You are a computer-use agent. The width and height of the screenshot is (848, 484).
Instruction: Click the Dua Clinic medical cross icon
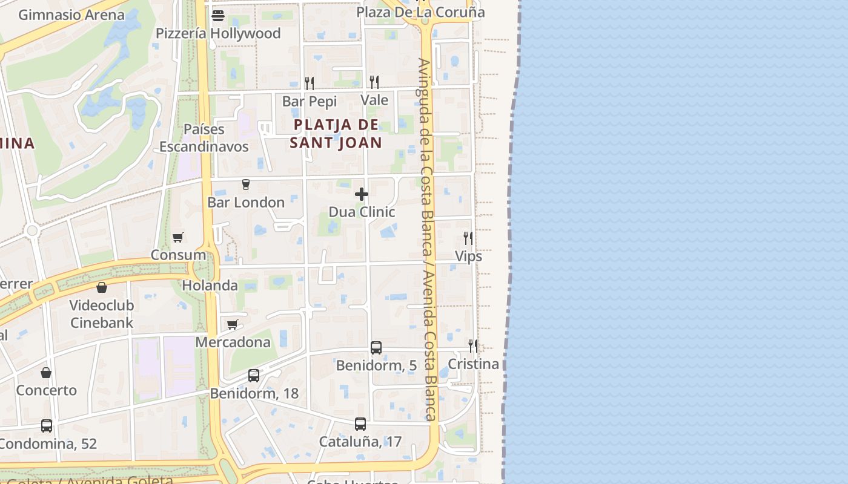(362, 194)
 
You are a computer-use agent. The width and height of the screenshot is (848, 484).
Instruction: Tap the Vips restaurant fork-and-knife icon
(468, 238)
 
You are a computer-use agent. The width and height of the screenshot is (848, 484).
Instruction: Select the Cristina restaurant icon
(473, 346)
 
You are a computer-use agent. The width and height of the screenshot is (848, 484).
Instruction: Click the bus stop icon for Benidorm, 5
(376, 348)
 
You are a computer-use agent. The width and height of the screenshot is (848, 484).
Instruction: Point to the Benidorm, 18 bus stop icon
(254, 376)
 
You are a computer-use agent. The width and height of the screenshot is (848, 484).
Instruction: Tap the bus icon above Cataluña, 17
(360, 424)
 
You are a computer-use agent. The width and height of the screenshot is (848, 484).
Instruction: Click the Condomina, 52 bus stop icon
(47, 426)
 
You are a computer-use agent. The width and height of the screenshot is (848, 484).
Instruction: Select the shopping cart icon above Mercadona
(233, 325)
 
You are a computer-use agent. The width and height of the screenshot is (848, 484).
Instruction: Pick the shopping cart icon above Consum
(177, 238)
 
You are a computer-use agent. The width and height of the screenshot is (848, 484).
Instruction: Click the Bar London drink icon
(245, 185)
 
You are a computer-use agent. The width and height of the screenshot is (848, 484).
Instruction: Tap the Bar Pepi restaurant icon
(310, 83)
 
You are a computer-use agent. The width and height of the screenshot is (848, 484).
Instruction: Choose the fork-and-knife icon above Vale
(374, 82)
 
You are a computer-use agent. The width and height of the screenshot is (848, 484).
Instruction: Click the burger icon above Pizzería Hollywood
(218, 16)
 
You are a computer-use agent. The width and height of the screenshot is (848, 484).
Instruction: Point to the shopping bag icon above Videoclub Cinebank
(102, 287)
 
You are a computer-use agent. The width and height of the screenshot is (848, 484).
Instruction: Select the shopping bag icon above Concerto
(46, 373)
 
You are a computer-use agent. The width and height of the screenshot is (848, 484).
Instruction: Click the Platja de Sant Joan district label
(336, 134)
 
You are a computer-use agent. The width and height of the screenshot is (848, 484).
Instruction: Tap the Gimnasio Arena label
(71, 15)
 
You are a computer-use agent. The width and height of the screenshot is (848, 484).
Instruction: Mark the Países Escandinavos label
(204, 138)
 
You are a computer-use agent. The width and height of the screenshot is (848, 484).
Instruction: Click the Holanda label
(210, 286)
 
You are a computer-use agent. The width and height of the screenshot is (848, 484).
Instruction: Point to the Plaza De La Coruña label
(420, 12)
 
